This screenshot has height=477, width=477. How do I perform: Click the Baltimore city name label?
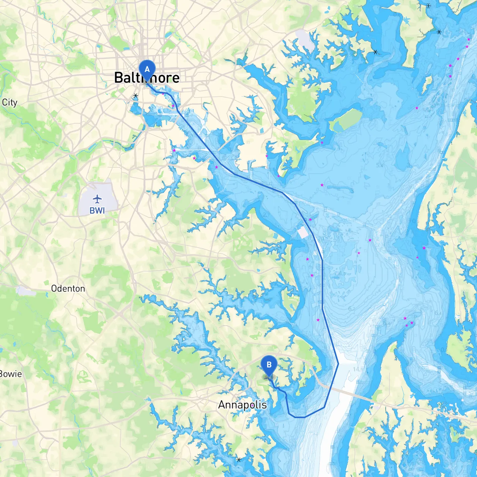point(147,78)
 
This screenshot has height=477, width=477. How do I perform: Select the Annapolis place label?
point(243,405)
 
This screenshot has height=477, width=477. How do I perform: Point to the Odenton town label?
point(68,288)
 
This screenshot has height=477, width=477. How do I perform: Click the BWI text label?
point(97,211)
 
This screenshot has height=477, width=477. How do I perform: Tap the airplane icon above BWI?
point(97,199)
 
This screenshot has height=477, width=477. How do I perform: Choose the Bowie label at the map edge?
point(10,374)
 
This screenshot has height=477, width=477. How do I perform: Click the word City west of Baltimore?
point(10,102)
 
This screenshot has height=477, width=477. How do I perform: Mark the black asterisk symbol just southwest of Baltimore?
point(136,96)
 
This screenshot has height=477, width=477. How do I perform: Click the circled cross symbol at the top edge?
point(429,6)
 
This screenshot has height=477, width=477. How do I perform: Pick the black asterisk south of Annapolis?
point(239,459)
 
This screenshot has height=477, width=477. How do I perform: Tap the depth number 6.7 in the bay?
point(351,309)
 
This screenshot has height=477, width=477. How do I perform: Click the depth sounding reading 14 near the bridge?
point(357,369)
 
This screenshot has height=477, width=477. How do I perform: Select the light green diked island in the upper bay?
point(346,120)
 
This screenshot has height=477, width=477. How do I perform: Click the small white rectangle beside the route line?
point(303,233)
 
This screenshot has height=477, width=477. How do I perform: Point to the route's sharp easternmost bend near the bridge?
point(338,364)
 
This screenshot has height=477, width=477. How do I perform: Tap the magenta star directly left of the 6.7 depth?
point(318,320)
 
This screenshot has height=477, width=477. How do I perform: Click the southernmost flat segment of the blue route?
point(300,417)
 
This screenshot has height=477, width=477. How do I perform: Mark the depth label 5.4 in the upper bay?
point(379,165)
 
